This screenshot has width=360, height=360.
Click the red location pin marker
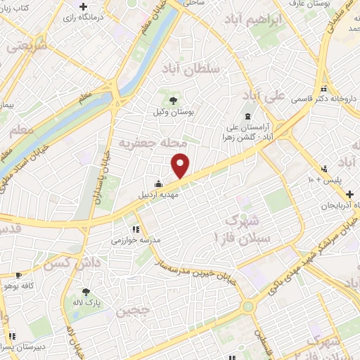pos(181,165)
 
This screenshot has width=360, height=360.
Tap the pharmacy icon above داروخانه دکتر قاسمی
pos(324,89)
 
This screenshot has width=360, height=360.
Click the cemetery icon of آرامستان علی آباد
pos(246,117)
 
